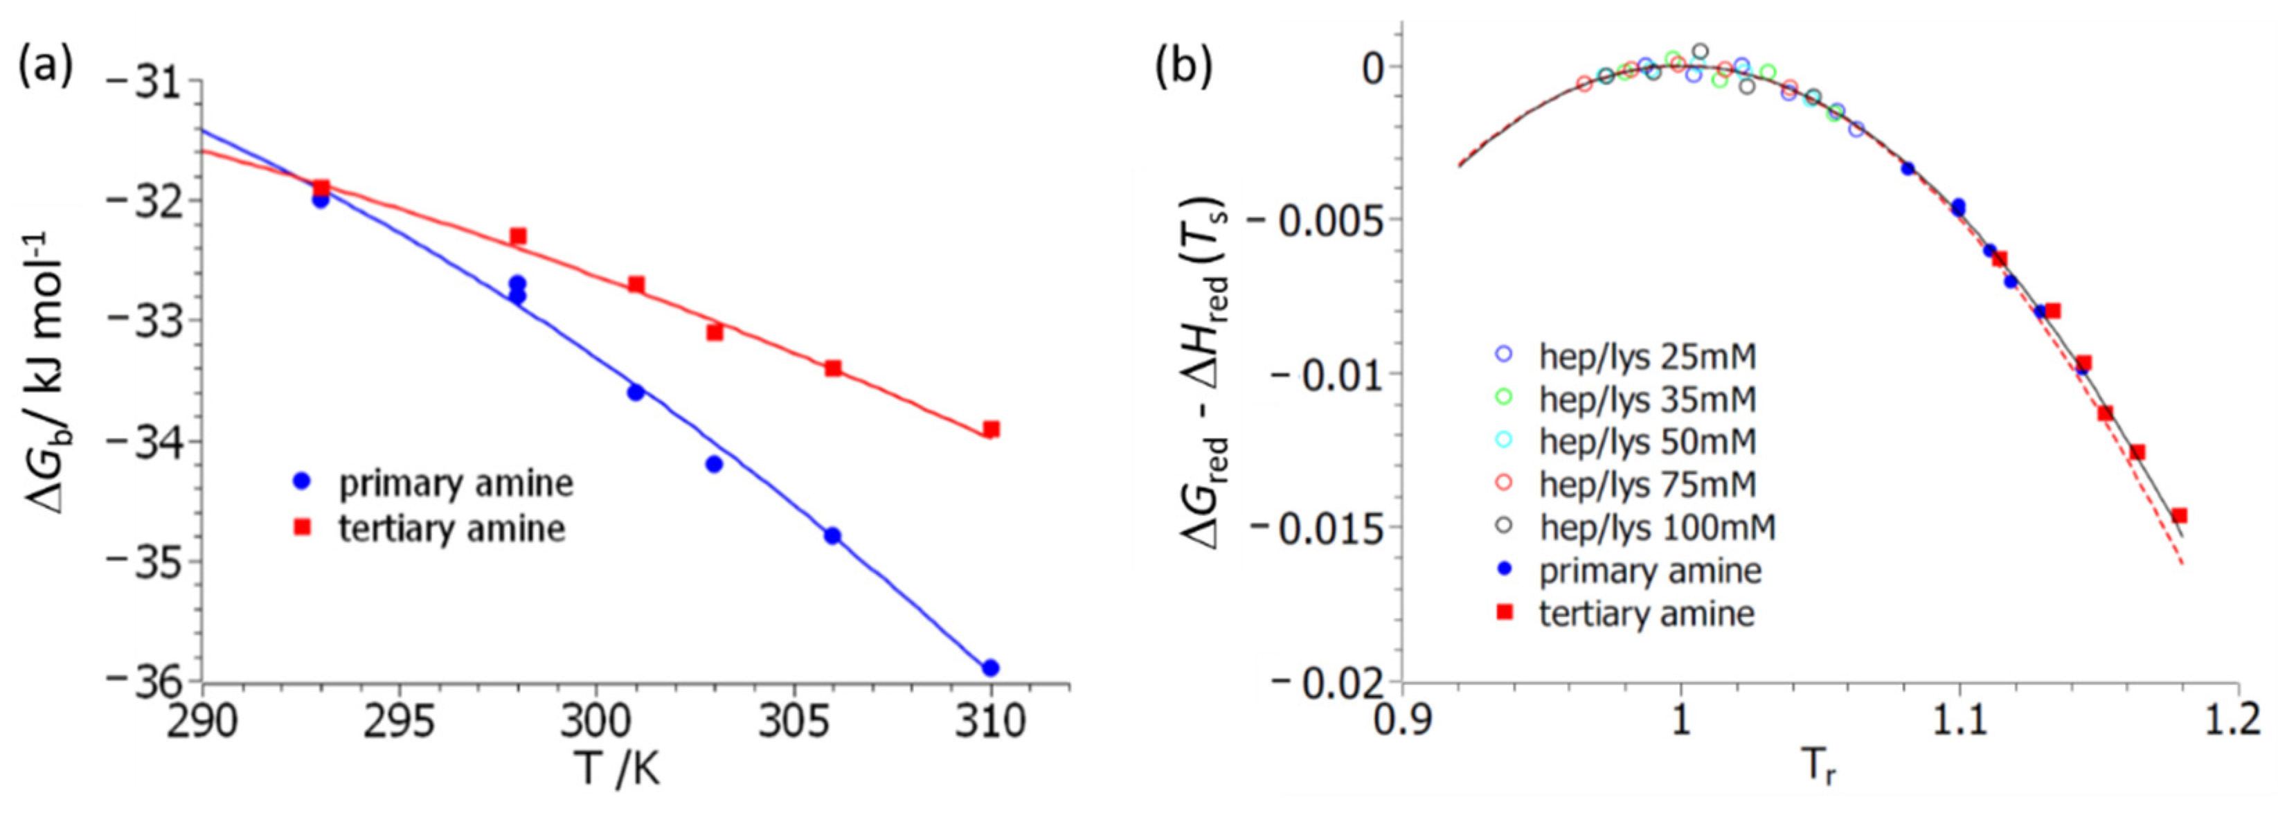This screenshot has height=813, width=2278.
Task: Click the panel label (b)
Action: pos(1183,67)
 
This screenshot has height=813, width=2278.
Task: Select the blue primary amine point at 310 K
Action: pos(990,667)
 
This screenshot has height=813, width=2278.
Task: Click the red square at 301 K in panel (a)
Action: pos(636,285)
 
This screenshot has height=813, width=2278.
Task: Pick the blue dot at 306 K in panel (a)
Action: pos(832,535)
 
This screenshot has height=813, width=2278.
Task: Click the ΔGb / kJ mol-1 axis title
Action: pos(48,372)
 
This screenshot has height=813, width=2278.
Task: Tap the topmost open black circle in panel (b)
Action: pos(1700,51)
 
